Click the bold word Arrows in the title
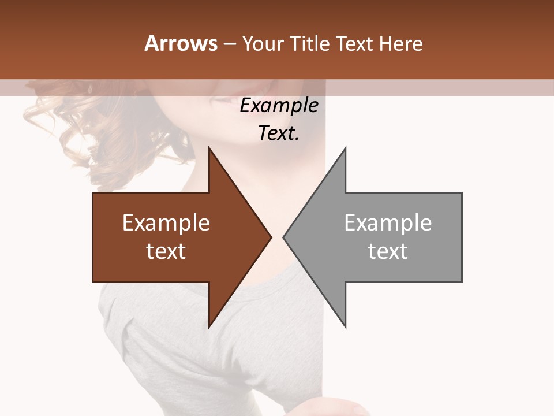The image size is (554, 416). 181,43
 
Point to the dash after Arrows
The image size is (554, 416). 229,44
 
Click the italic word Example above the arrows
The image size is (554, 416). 279,105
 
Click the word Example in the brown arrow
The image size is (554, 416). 166,222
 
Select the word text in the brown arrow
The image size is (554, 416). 166,251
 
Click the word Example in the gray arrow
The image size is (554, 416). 388,222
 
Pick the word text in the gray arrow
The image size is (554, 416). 388,251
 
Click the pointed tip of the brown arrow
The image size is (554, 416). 271,237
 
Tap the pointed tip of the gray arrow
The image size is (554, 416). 284,237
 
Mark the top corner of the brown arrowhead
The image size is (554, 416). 209,148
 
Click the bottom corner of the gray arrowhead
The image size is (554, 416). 345,326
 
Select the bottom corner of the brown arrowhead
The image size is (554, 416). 209,326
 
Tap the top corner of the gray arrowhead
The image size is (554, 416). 345,148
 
